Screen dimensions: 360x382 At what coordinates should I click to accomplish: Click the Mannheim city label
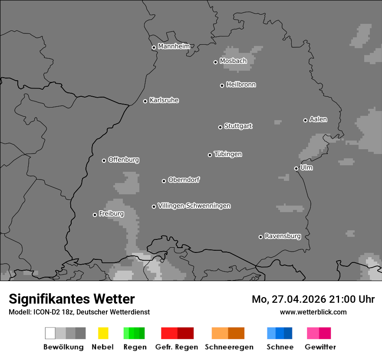174,46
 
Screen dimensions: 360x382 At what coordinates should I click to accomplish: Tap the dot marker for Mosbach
215,62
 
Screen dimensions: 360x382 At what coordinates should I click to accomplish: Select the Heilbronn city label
241,85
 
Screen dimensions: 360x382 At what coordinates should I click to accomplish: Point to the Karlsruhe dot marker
145,101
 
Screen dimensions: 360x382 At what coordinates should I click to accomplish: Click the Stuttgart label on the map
238,126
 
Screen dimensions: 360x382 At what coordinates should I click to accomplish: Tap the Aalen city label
318,119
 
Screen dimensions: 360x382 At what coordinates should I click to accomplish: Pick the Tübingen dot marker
210,155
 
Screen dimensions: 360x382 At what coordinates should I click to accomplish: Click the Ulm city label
306,167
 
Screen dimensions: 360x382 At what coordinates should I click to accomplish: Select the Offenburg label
123,160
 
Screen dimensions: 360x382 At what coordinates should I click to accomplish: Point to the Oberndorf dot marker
164,181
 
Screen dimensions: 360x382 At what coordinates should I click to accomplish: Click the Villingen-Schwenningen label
194,206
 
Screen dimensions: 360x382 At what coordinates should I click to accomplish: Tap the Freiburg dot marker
95,215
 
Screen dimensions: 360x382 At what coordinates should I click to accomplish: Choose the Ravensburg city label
283,236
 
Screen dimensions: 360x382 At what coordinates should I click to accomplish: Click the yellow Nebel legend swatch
103,333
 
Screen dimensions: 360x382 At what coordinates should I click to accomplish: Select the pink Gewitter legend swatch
319,333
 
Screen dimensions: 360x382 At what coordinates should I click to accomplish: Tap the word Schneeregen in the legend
229,347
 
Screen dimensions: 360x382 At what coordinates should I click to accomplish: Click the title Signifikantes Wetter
72,299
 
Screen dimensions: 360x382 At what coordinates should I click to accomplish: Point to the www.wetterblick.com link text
313,312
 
